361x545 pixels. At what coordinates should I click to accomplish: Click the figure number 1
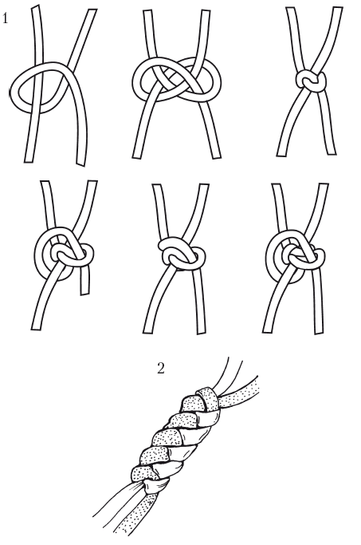point(5,18)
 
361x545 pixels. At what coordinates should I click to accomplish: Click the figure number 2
point(160,369)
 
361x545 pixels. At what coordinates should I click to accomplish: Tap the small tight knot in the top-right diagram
point(311,81)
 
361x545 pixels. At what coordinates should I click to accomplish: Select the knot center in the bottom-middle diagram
point(181,255)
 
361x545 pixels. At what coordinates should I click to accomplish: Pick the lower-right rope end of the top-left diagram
point(81,164)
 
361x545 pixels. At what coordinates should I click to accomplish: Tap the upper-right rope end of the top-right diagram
point(337,8)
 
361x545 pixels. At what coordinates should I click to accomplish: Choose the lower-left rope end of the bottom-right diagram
point(267,330)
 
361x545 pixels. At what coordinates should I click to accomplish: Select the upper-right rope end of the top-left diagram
point(92,10)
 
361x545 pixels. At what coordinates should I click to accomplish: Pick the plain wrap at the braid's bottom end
point(157,484)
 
